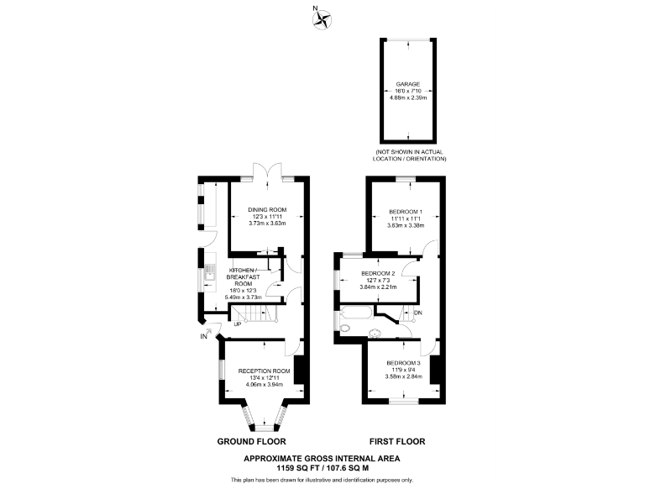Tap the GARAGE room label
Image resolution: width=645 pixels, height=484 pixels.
coord(408,84)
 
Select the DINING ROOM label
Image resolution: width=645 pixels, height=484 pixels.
coord(267,209)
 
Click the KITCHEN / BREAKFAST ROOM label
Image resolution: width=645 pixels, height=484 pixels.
coord(243,276)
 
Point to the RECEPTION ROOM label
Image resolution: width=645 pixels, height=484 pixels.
coord(264,371)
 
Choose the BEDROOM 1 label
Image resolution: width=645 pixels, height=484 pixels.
coord(406,211)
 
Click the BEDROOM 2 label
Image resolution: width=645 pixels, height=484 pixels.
coord(378,273)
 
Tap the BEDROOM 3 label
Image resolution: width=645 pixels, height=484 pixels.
coord(402,362)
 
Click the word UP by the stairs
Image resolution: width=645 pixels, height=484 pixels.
coord(238,324)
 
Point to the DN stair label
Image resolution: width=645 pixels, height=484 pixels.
coord(418,313)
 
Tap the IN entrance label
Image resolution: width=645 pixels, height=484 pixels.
coord(204,337)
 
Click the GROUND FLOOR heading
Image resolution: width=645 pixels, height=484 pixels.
coord(252,441)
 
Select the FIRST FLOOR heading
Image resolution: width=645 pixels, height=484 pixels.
coord(398,441)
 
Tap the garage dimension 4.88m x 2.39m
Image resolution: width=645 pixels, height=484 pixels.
coord(408,98)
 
